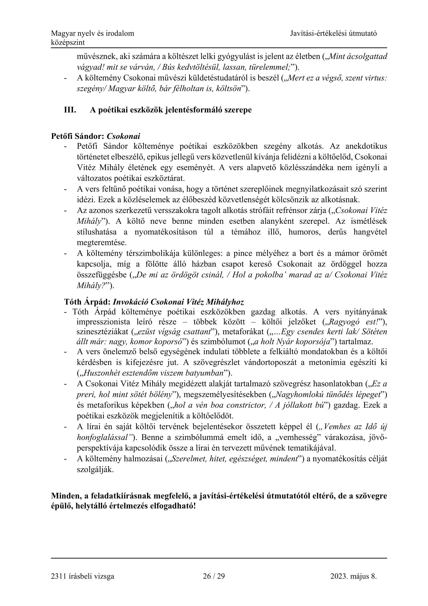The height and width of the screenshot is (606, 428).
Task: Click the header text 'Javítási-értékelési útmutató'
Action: point(333,33)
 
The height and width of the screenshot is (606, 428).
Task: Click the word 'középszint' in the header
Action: point(68,42)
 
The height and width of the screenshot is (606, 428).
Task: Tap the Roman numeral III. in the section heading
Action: point(70,110)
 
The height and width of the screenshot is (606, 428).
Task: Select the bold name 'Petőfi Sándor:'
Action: point(78,136)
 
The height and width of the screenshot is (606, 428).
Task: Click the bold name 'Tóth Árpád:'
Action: point(87,302)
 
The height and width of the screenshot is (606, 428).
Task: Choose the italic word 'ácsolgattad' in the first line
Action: point(367,56)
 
